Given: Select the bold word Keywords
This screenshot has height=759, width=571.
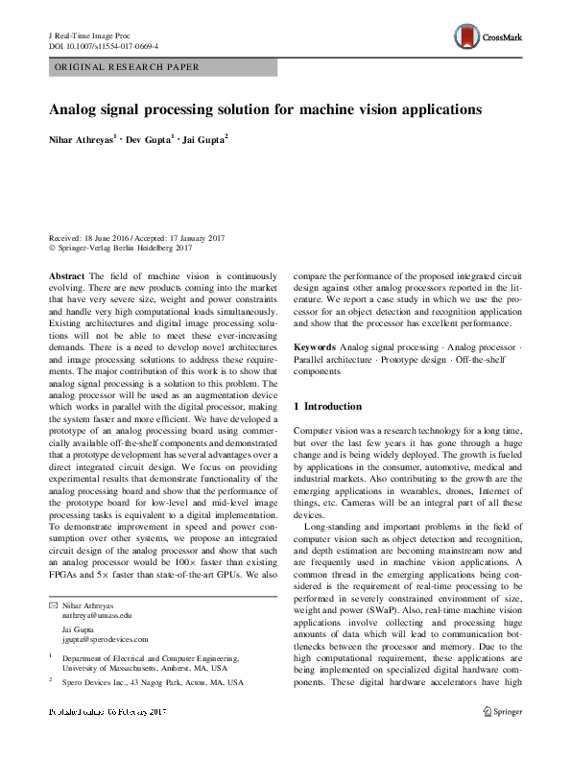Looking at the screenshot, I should [x=315, y=345].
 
